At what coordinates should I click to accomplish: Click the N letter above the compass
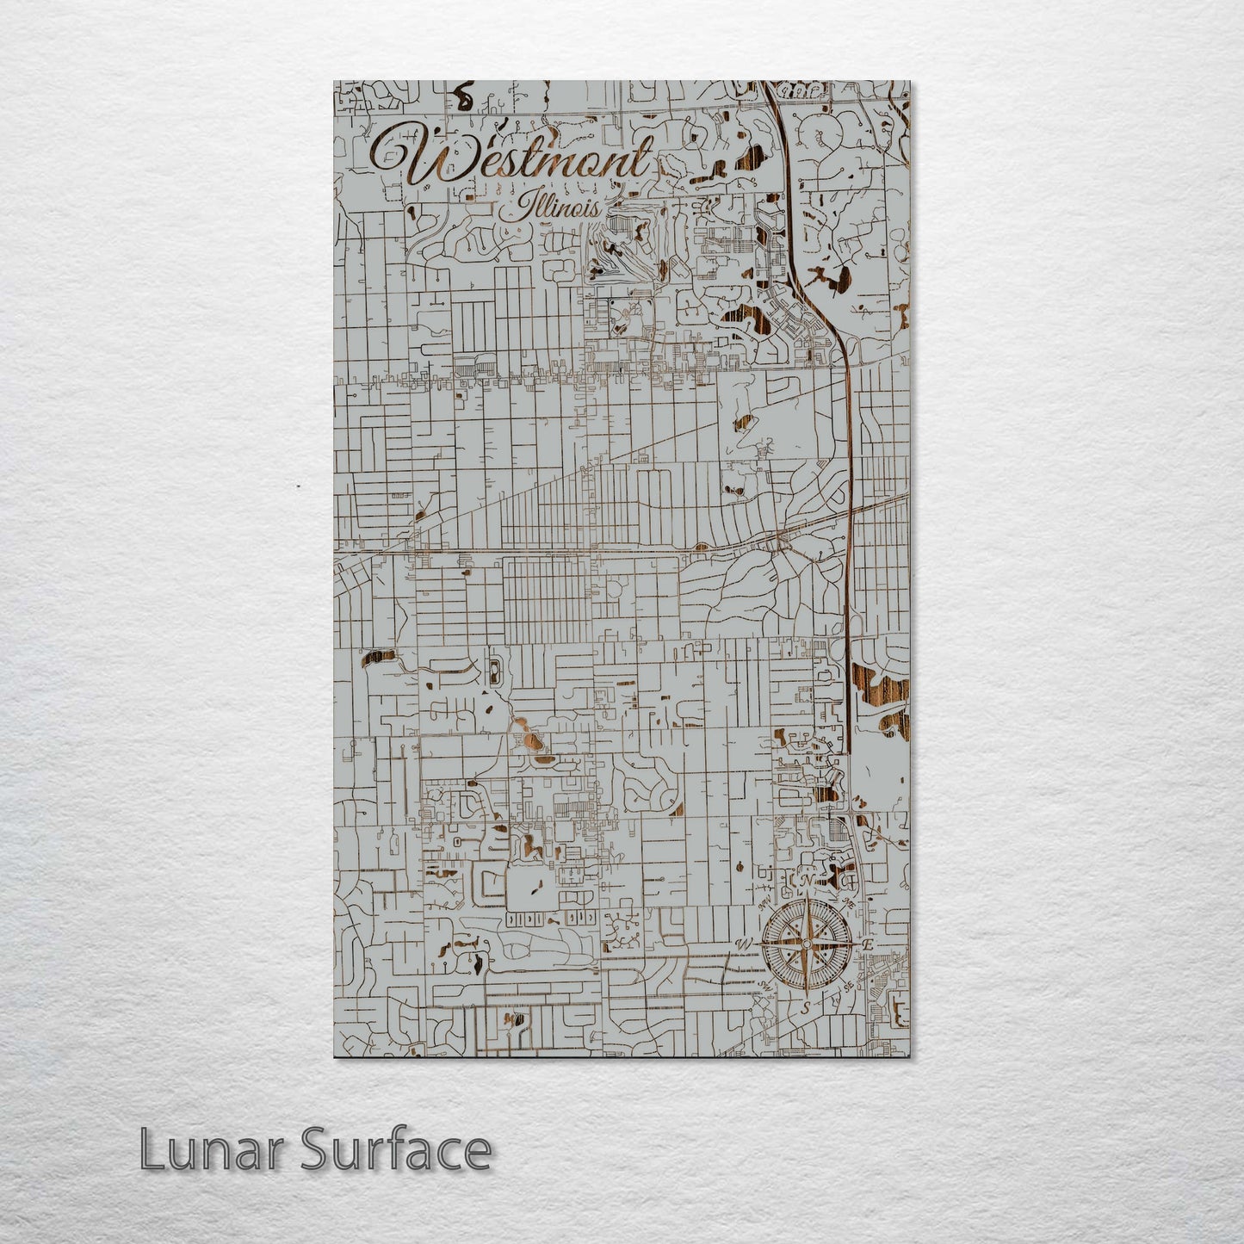pyautogui.click(x=807, y=882)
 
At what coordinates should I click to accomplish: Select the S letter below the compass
pyautogui.click(x=806, y=1007)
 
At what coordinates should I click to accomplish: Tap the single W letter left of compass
pyautogui.click(x=743, y=944)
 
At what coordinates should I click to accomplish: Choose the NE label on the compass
pyautogui.click(x=849, y=902)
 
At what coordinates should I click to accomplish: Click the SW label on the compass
pyautogui.click(x=763, y=987)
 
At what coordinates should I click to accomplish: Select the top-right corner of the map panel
pyautogui.click(x=909, y=82)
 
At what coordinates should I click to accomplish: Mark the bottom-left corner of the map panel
pyautogui.click(x=335, y=1056)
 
